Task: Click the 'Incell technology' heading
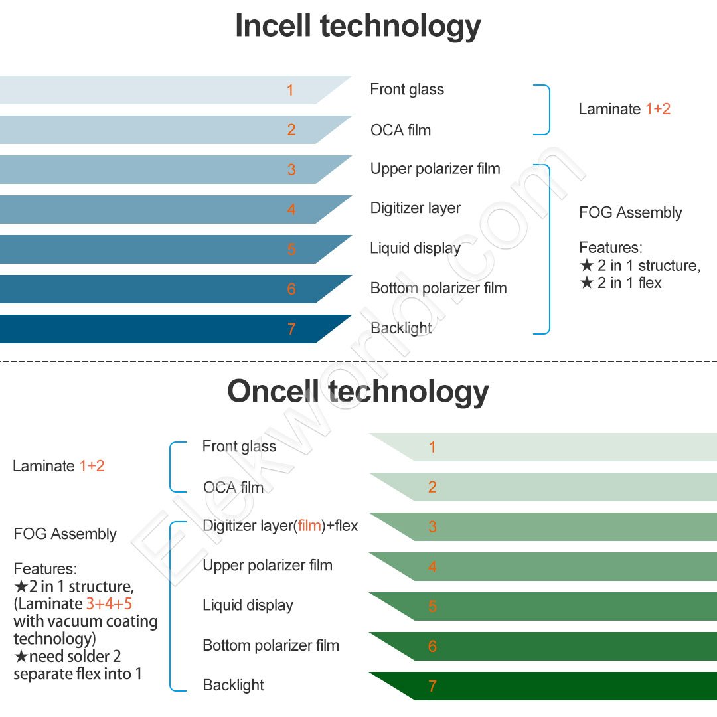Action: coord(358,27)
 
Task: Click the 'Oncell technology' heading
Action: coord(358,392)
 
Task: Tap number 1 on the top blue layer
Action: coord(290,90)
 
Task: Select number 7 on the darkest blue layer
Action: coord(291,329)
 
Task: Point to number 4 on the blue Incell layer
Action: coord(291,209)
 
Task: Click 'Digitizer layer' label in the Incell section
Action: coord(415,208)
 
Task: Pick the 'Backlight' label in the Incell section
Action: coord(401,328)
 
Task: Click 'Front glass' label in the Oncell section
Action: coord(239,447)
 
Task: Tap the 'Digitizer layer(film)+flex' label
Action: coord(280,526)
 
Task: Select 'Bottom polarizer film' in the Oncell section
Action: coord(271,645)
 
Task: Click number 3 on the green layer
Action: coord(432,527)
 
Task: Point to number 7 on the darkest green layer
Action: coord(432,686)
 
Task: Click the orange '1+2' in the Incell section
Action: coord(658,109)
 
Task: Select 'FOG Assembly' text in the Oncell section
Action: coord(65,534)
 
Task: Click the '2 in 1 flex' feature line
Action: coord(621,283)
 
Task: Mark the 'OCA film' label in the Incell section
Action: coord(400,130)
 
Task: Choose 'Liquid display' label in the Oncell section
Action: coord(248,605)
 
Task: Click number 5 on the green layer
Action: coord(432,606)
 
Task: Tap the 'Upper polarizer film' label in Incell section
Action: coord(435,169)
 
